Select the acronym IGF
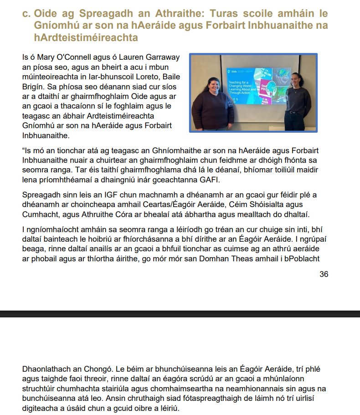point(91,194)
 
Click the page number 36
point(324,274)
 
